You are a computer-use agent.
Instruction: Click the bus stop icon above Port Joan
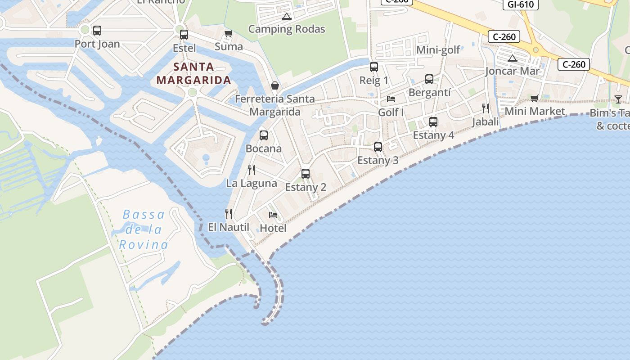coord(97,31)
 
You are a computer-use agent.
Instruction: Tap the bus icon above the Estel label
coord(184,35)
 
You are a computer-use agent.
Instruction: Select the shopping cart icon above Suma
coord(228,34)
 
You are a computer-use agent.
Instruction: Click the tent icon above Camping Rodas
coord(286,17)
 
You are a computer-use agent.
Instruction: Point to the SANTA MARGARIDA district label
coord(193,74)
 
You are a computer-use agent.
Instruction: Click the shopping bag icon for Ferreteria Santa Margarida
coord(274,85)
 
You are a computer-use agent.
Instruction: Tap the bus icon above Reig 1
coord(373,67)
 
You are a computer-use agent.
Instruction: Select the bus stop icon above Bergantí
coord(429,79)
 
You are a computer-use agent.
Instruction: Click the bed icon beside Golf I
coord(391,99)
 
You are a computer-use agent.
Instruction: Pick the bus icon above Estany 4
coord(433,121)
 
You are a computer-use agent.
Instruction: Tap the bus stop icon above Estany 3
coord(378,147)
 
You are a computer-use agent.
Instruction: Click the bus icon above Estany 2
coord(306,173)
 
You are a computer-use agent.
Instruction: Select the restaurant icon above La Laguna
coord(252,170)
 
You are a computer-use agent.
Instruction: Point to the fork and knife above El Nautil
coord(229,214)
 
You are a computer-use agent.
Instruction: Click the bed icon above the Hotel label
coord(273,215)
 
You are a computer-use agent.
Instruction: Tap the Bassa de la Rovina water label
coord(144,229)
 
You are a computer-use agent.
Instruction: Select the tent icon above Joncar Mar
coord(512,58)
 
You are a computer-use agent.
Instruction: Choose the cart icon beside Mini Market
coord(534,98)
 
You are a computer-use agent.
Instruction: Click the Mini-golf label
coord(438,49)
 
